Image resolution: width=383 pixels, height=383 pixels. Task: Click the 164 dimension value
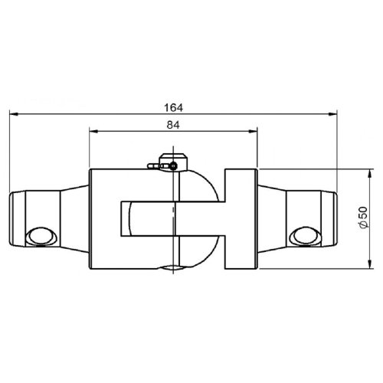[x=174, y=108]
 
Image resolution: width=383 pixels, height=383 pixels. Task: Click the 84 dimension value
[x=173, y=125]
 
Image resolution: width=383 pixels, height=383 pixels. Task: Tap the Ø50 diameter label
[x=363, y=217]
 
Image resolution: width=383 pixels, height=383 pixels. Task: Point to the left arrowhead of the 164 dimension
[x=14, y=114]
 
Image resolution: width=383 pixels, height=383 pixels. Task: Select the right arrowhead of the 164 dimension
[x=332, y=114]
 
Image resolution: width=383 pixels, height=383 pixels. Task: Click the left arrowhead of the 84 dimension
[x=93, y=131]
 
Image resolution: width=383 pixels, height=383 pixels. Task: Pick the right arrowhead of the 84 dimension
[x=252, y=131]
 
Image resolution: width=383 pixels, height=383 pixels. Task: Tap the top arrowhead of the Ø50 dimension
[x=369, y=174]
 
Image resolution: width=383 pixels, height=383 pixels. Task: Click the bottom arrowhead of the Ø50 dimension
[x=369, y=264]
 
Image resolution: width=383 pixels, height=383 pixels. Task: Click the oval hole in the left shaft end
[x=41, y=236]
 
